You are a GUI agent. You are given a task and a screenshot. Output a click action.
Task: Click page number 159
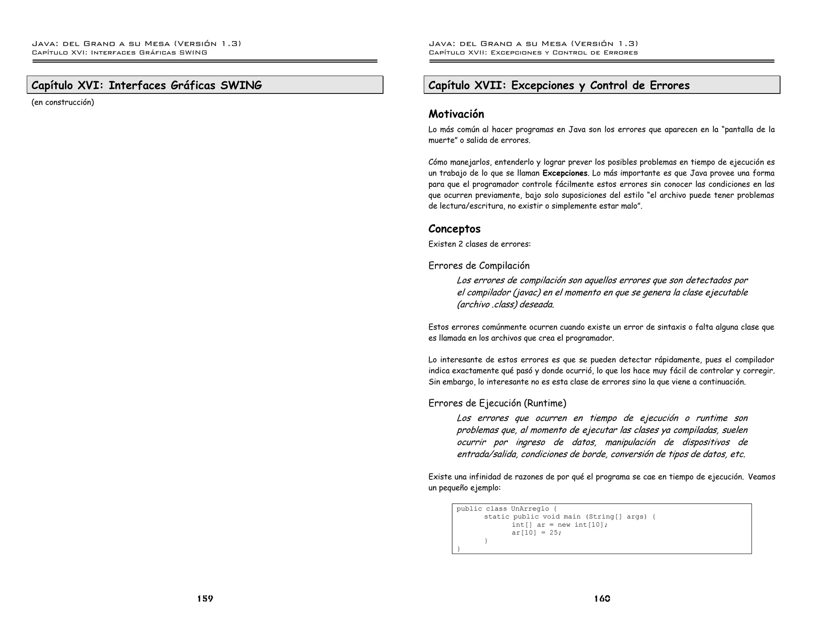(x=205, y=599)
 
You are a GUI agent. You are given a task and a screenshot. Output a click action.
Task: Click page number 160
(x=602, y=599)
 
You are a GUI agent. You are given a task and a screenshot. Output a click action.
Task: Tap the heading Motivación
(x=456, y=114)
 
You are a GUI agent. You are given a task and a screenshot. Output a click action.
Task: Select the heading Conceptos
(x=454, y=229)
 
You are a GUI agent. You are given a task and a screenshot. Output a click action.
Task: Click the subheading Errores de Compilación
(x=479, y=266)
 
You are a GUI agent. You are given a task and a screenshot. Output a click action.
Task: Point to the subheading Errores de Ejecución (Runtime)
(x=497, y=403)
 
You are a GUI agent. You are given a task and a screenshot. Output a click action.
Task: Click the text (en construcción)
(x=63, y=102)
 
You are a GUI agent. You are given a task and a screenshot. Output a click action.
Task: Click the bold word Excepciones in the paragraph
(x=565, y=173)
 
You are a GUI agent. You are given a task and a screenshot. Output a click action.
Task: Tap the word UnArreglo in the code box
(x=530, y=509)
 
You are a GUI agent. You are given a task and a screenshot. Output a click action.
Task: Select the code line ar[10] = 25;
(x=536, y=533)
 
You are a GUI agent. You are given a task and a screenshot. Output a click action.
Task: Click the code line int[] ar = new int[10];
(x=559, y=525)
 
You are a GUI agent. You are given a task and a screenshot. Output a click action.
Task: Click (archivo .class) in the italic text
(x=487, y=304)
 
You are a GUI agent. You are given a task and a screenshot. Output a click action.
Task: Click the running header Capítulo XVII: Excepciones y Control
(x=533, y=52)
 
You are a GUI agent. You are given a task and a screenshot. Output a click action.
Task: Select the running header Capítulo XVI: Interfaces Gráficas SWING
(x=119, y=52)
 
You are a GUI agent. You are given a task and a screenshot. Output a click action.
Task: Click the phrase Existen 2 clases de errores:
(x=479, y=244)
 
